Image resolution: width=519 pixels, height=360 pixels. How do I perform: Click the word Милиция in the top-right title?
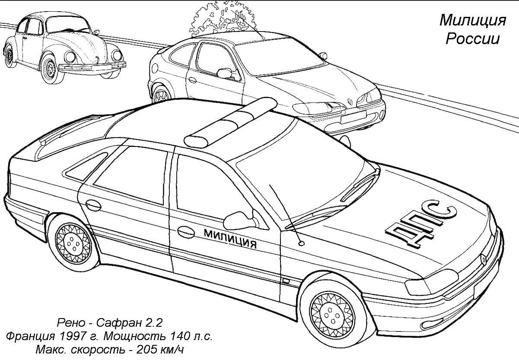[x=473, y=20]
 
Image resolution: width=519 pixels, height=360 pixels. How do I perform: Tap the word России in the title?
[x=473, y=38]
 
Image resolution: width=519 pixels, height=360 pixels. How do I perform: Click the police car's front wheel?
[x=332, y=315]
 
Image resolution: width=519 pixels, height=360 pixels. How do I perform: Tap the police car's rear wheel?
[x=73, y=243]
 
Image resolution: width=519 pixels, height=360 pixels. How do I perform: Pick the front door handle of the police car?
[x=186, y=232]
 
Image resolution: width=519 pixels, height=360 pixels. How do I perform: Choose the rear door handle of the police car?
[x=93, y=205]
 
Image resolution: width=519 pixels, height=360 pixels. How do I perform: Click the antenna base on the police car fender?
[x=301, y=243]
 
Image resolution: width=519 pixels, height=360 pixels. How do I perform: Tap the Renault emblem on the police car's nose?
[x=483, y=259]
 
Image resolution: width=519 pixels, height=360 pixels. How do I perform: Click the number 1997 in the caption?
[x=72, y=336]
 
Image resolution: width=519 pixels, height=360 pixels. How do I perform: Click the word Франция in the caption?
[x=31, y=336]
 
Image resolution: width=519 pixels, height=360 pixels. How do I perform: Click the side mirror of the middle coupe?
[x=224, y=73]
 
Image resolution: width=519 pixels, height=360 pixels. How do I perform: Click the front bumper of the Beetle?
[x=92, y=67]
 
